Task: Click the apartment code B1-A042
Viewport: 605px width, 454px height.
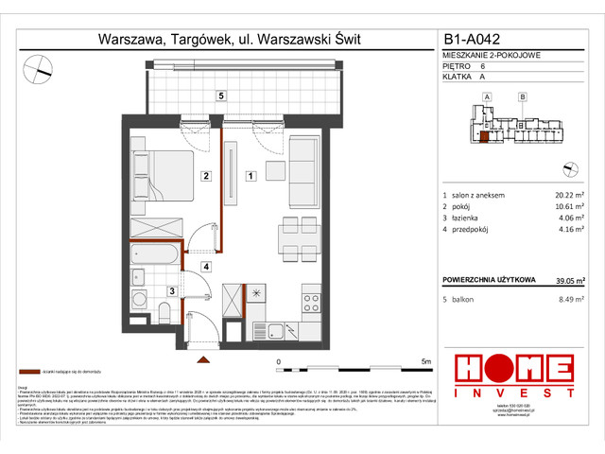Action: pos(476,41)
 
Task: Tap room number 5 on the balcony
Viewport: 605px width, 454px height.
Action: pos(220,96)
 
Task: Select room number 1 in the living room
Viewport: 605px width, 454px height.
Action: pos(250,175)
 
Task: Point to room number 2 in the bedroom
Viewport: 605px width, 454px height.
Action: pos(203,175)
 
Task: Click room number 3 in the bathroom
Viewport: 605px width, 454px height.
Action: pos(171,291)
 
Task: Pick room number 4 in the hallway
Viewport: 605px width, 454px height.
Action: pos(206,267)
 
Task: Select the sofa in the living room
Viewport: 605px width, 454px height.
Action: pos(302,163)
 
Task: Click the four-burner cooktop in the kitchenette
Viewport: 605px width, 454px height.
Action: pos(310,304)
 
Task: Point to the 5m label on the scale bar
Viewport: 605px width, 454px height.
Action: pos(425,361)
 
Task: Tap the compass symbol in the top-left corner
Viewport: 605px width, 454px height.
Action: pos(40,67)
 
